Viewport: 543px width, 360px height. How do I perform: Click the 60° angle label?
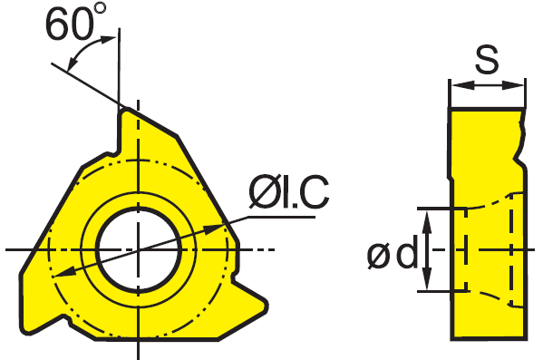[x=75, y=22]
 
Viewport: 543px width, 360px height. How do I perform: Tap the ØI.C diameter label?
[x=289, y=191]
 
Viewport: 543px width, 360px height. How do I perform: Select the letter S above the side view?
[x=487, y=60]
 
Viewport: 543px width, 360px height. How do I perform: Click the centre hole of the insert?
[x=139, y=249]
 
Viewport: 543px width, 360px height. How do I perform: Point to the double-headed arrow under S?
[x=487, y=85]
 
